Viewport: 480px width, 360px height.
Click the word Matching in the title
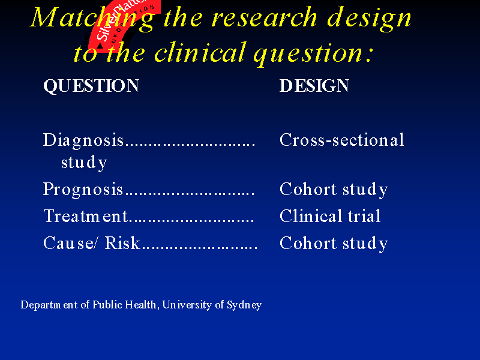coord(92,19)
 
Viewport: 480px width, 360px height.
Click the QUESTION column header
coord(91,85)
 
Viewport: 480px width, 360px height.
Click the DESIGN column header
coord(314,85)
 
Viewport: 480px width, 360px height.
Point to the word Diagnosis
coord(83,140)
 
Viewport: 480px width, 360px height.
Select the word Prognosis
coord(83,189)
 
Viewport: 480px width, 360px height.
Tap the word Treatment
coord(85,216)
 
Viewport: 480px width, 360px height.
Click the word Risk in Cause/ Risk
coord(122,243)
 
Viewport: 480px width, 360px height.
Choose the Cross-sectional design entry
coord(342,140)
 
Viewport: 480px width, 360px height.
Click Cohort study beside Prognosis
coord(334,189)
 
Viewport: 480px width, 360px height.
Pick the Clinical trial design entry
coord(330,216)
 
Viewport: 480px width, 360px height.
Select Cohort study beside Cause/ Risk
coord(334,244)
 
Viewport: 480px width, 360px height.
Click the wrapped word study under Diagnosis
coord(84,162)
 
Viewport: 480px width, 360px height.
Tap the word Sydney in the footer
coord(244,305)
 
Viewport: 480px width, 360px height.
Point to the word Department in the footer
coord(49,305)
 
